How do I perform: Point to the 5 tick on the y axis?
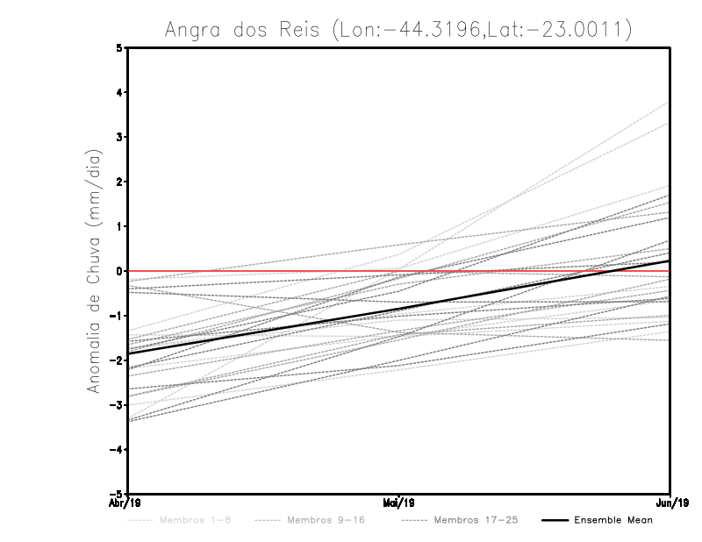[x=119, y=48]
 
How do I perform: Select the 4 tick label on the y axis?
[x=119, y=93]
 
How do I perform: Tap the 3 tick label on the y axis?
[x=119, y=138]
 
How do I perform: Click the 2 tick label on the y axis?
[x=119, y=182]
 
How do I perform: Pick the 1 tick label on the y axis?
[x=119, y=226]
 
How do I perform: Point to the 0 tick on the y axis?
[x=119, y=271]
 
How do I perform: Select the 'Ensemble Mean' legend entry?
[x=612, y=520]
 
